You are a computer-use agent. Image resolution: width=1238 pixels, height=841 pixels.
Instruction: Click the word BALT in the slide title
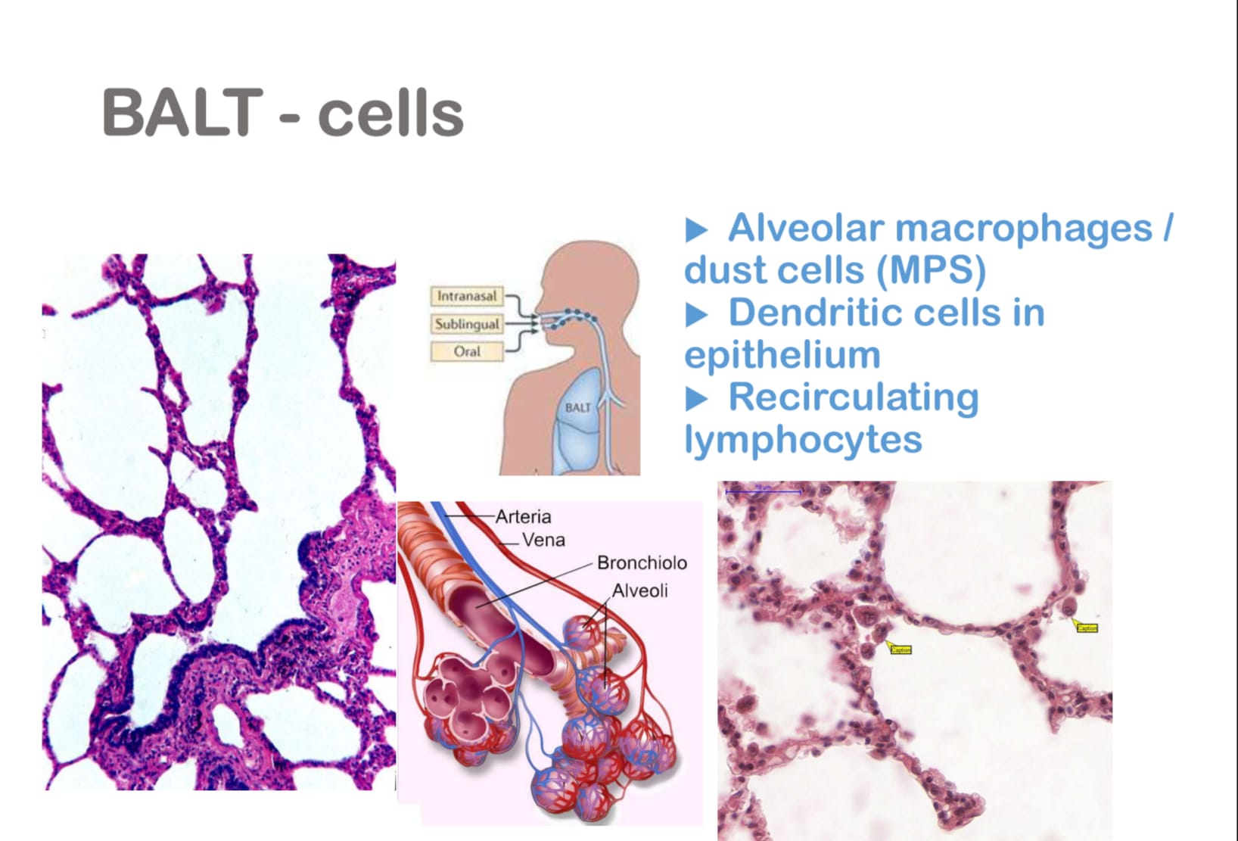pos(182,113)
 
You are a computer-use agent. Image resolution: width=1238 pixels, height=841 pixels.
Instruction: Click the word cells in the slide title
pos(390,114)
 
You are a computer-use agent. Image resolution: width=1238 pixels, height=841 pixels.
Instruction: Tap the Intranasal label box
pos(467,296)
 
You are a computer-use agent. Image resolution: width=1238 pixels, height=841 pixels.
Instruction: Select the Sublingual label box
pos(467,324)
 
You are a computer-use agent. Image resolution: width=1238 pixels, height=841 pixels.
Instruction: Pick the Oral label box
pos(467,351)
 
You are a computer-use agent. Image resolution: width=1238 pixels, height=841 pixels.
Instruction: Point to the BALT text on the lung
pos(577,407)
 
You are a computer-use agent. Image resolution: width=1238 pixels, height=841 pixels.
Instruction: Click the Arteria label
pos(523,516)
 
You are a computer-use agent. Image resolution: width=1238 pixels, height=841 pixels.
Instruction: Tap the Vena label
pos(543,540)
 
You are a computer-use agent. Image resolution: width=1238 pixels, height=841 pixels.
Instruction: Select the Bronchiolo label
pos(642,562)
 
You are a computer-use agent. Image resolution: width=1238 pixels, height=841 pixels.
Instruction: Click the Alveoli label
pos(639,590)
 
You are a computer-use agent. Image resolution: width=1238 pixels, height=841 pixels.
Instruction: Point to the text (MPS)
pos(932,270)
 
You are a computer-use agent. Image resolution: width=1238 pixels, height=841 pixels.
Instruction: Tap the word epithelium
pos(782,355)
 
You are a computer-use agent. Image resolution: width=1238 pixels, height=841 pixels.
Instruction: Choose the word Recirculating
pos(853,397)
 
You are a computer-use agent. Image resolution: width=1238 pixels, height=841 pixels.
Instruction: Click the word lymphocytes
pos(803,439)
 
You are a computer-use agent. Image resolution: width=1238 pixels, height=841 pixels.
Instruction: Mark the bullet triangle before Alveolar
pos(696,229)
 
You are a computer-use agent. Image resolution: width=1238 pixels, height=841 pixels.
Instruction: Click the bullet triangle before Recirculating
pos(696,398)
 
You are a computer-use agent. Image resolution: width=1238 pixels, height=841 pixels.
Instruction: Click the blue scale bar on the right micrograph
pos(763,491)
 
